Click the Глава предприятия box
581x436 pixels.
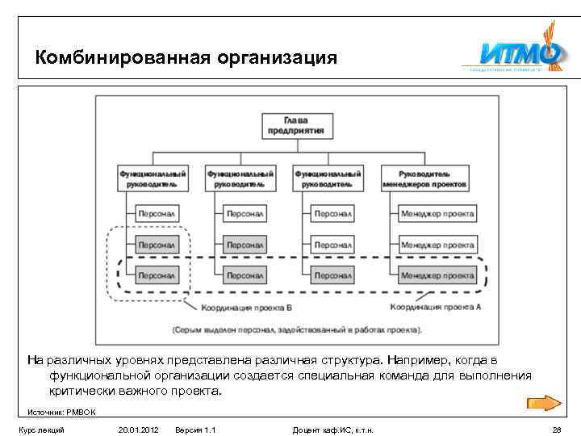coord(303,124)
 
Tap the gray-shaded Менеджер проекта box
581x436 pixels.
coord(437,275)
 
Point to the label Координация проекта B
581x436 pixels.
coord(248,308)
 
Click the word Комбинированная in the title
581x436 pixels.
coord(123,58)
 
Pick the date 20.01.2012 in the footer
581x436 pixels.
coord(137,430)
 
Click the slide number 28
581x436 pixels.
coord(556,430)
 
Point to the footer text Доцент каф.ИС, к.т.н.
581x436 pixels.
coord(332,430)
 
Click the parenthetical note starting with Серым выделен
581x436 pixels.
coord(295,329)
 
